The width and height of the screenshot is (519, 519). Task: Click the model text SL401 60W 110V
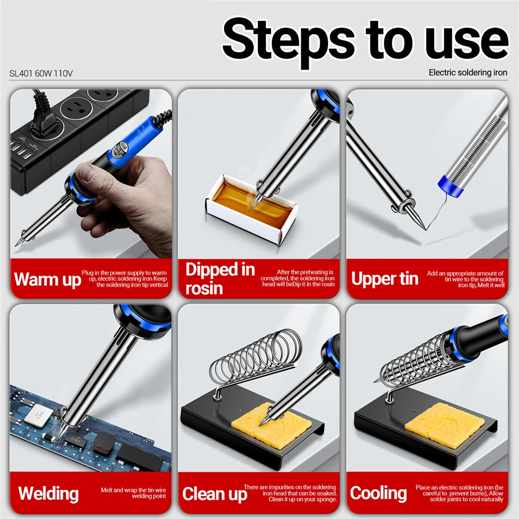coord(41,73)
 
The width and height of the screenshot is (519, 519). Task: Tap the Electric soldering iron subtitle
coord(468,73)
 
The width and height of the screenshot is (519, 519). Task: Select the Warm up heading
coord(47,280)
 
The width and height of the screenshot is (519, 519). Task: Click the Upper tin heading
coord(385,279)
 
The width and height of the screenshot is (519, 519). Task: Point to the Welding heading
coord(48,493)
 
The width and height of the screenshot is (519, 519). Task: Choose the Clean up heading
coord(214,494)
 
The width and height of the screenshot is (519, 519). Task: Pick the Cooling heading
coord(378,493)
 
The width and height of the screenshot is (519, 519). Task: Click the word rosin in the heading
coord(204,288)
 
